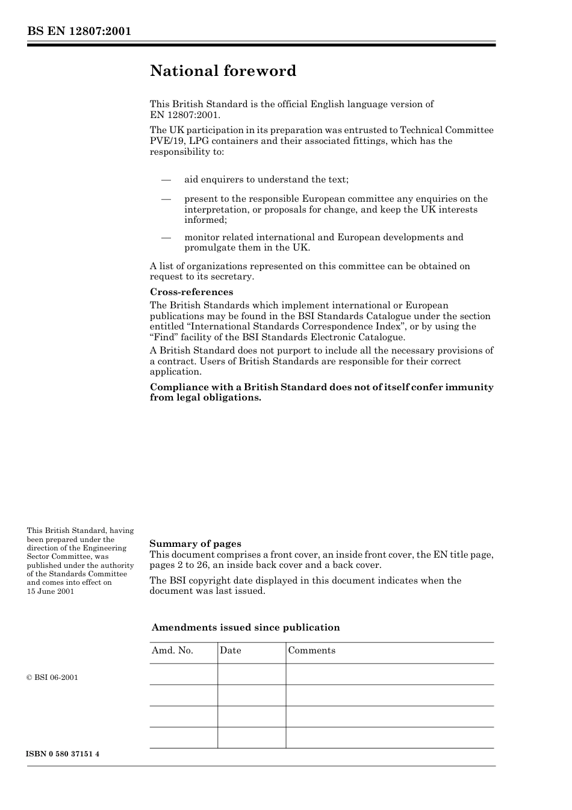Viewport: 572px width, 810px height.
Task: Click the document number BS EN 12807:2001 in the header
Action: pyautogui.click(x=79, y=31)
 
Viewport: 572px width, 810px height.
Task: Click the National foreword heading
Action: pyautogui.click(x=223, y=71)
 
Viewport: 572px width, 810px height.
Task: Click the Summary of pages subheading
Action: pyautogui.click(x=195, y=544)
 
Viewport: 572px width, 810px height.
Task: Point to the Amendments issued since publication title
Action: pyautogui.click(x=246, y=628)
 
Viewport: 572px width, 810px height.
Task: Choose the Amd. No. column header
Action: pyautogui.click(x=172, y=650)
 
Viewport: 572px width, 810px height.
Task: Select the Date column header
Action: pyautogui.click(x=231, y=650)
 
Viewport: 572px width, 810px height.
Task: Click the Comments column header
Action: pyautogui.click(x=312, y=650)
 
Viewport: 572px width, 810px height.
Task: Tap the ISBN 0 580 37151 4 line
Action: pyautogui.click(x=63, y=754)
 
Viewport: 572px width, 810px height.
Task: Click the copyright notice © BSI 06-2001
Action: pyautogui.click(x=52, y=678)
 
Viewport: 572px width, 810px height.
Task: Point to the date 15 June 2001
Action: pyautogui.click(x=51, y=591)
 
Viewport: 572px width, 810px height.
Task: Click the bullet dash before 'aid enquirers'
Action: pyautogui.click(x=166, y=179)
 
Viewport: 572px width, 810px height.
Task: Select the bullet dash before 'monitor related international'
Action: pyautogui.click(x=166, y=237)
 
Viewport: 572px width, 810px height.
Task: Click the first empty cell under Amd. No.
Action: pyautogui.click(x=183, y=674)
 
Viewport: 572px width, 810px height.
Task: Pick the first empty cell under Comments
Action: pyautogui.click(x=390, y=674)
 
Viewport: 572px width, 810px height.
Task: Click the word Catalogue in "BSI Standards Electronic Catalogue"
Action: pyautogui.click(x=382, y=337)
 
